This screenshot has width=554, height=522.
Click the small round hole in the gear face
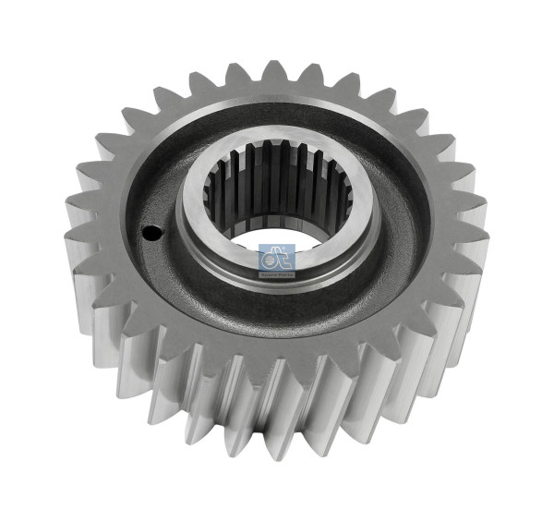(x=148, y=235)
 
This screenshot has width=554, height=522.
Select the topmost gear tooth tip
(x=274, y=67)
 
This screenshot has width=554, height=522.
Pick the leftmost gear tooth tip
(x=71, y=239)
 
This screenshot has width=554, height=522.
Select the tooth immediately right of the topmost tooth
(x=316, y=71)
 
